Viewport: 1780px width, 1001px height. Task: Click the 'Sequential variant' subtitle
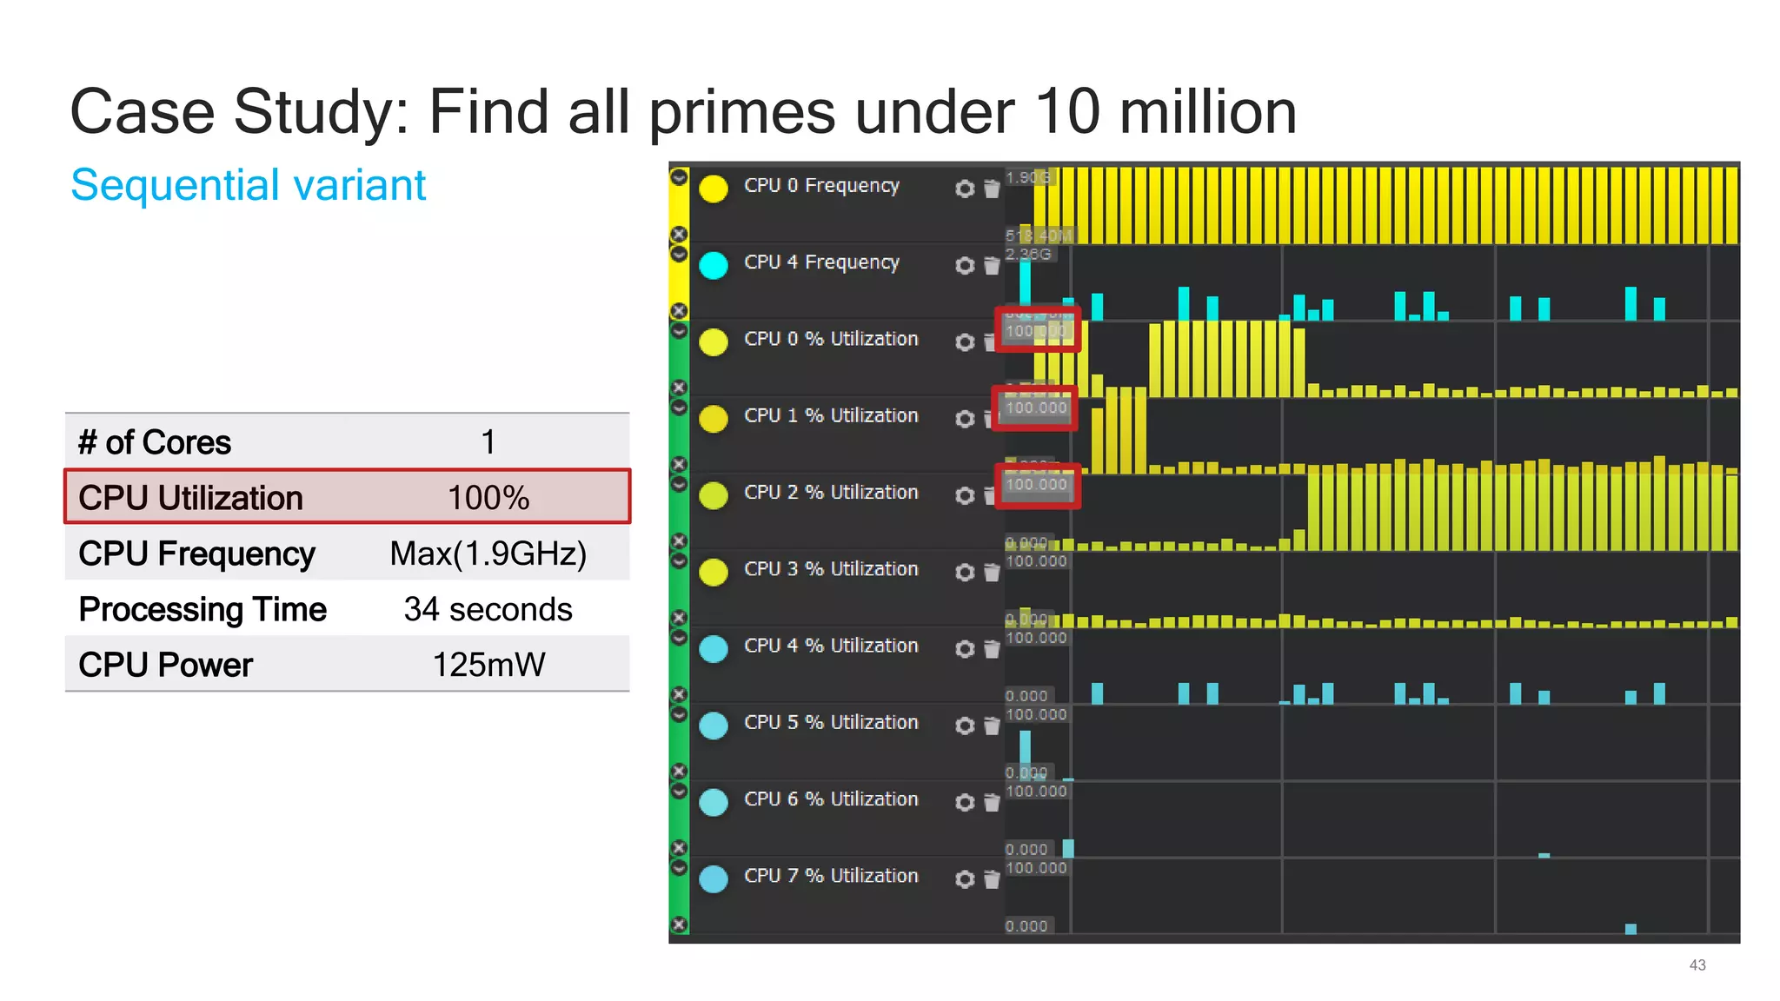pos(248,185)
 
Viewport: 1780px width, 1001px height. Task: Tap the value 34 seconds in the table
pos(488,609)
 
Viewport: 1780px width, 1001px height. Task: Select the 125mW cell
pos(488,665)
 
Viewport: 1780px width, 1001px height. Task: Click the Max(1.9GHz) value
pos(488,554)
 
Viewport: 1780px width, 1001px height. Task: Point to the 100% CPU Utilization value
pos(488,498)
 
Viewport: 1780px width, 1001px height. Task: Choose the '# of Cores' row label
pos(155,442)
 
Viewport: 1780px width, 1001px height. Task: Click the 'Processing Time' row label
pos(203,609)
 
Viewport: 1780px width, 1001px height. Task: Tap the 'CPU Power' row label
pos(165,665)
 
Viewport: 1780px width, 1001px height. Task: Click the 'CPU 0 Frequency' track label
pos(821,185)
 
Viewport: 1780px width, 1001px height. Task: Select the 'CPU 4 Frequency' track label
pos(821,262)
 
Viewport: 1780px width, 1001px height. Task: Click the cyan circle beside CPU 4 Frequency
pos(714,265)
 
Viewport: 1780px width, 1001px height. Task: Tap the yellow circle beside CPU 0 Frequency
pos(714,189)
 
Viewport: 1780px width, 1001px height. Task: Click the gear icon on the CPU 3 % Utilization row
pos(964,572)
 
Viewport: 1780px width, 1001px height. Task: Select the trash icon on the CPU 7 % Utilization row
pos(992,879)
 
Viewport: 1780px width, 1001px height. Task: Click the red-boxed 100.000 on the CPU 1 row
pos(1036,408)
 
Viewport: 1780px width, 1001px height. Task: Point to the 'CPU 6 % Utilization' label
pos(831,799)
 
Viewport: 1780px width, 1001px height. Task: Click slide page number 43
pos(1697,965)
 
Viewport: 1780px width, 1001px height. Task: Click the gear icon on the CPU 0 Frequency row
pos(964,189)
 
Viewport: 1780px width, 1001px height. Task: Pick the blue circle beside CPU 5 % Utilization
pos(714,726)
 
